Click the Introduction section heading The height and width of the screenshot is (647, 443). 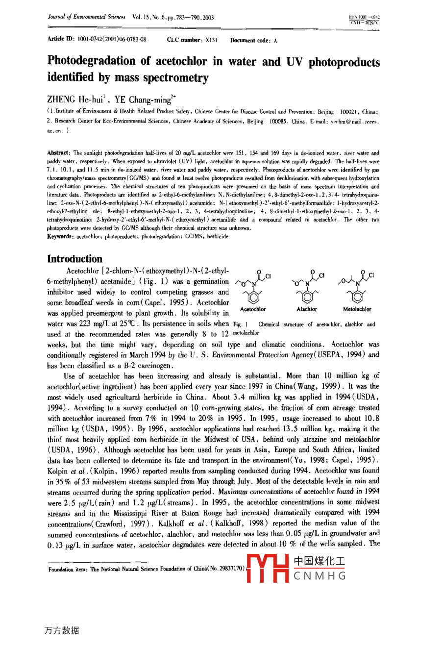(74, 259)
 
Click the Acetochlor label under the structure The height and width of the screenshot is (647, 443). (253, 309)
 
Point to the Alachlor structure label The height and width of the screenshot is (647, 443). (307, 309)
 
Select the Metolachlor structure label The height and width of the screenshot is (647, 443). (357, 309)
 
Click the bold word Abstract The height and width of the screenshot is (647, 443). (58, 153)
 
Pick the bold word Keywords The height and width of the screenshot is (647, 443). (59, 236)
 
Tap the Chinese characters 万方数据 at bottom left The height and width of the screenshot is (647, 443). (61, 630)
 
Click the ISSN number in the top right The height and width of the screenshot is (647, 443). (365, 17)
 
